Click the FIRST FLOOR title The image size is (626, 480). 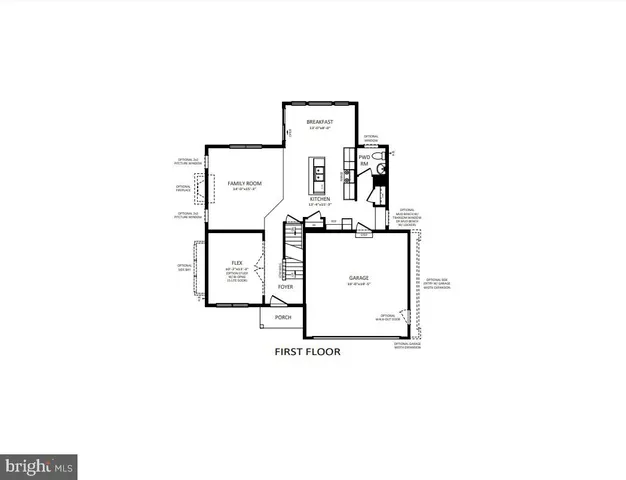(x=308, y=352)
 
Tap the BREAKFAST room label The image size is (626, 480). (x=319, y=121)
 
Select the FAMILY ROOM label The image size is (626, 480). (x=243, y=183)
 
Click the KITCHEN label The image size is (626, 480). (x=319, y=199)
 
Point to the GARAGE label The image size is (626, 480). (x=359, y=277)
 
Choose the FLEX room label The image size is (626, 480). (x=237, y=263)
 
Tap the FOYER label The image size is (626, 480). (x=285, y=286)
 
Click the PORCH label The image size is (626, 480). (x=283, y=318)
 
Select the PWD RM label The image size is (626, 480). (x=365, y=160)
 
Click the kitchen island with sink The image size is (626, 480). (x=319, y=175)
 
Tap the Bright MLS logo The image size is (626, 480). (x=40, y=464)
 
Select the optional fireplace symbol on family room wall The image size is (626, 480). (x=198, y=188)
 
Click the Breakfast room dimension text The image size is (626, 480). (x=319, y=128)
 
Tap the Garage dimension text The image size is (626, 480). (x=359, y=284)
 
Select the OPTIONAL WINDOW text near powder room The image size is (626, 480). (x=371, y=138)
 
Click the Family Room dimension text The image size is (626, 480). (x=243, y=190)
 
